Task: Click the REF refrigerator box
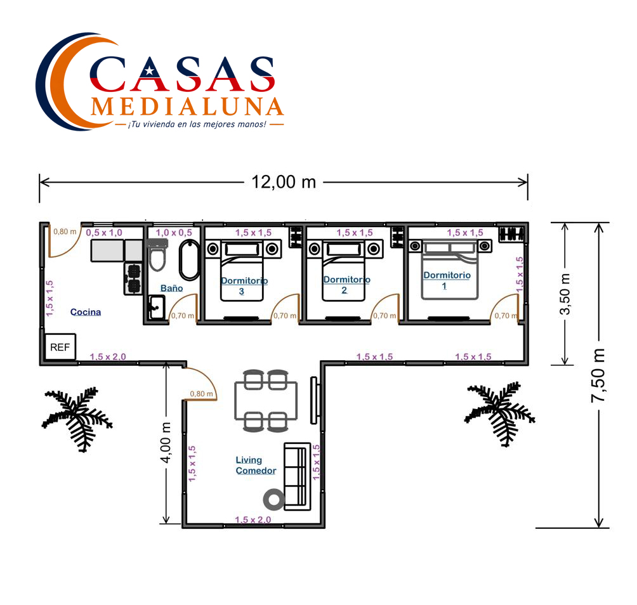coord(60,347)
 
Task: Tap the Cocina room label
coord(85,312)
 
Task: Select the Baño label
coord(171,288)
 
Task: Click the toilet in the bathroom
coord(157,255)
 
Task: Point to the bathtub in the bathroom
coord(189,260)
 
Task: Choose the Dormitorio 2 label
coord(346,285)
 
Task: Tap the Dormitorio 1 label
coord(447,280)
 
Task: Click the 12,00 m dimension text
coord(284,182)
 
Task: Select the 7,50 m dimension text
coord(598,375)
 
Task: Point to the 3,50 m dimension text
coord(565,294)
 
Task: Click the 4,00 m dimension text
coord(166,443)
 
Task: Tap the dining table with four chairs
coord(266,400)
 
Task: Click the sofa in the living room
coord(297,476)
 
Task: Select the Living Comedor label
coord(256,465)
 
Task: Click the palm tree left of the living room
coord(77,419)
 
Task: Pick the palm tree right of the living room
coord(499,413)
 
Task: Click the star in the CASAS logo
coord(149,72)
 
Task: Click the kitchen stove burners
coord(133,278)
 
